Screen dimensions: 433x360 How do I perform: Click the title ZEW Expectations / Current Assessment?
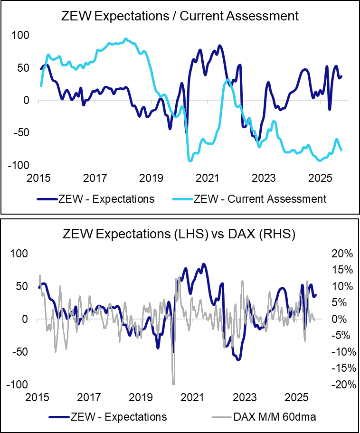pos(180,16)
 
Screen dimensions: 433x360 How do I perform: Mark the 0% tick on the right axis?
pos(343,319)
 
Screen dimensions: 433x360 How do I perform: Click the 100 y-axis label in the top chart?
pos(20,35)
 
